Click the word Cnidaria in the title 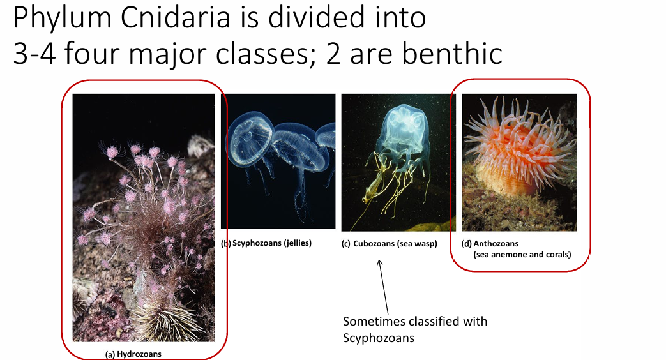click(x=172, y=19)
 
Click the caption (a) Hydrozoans click(x=133, y=354)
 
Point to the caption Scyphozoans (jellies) click(x=271, y=243)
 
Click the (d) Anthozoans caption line click(x=490, y=244)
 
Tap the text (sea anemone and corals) click(x=522, y=254)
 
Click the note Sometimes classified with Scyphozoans click(x=414, y=329)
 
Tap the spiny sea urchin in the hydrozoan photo click(x=169, y=323)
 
